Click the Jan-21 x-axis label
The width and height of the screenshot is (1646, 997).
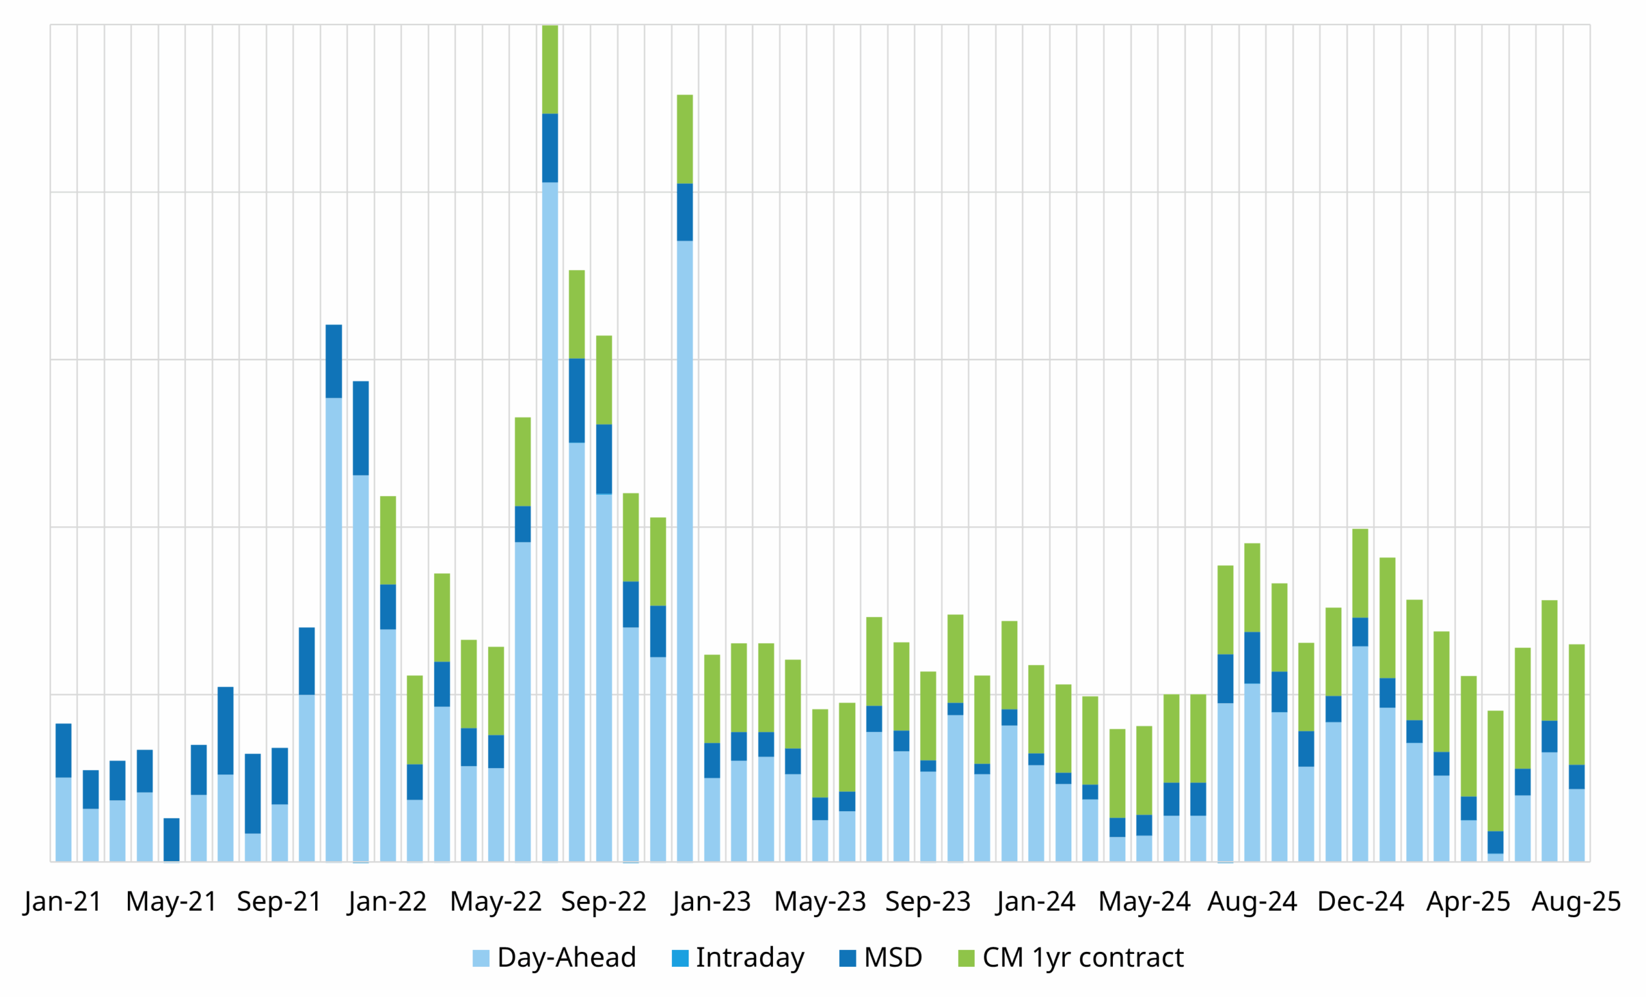pos(63,902)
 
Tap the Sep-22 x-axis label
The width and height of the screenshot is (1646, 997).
pos(603,902)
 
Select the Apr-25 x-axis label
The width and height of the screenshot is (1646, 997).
pos(1469,902)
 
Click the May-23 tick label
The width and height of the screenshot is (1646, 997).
pos(820,902)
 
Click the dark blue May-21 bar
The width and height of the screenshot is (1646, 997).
pos(172,840)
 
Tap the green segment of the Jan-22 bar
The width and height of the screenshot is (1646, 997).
pos(388,540)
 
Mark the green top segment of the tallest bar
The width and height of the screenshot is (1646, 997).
pos(550,69)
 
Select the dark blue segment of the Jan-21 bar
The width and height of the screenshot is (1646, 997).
pos(64,751)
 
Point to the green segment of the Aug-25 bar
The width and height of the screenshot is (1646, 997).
pos(1577,704)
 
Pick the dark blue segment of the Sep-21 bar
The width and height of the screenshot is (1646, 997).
pos(280,776)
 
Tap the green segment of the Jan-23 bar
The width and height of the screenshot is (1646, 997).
pos(712,699)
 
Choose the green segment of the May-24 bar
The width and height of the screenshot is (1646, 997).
pos(1144,771)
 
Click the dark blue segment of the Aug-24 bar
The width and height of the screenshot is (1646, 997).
pos(1253,657)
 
